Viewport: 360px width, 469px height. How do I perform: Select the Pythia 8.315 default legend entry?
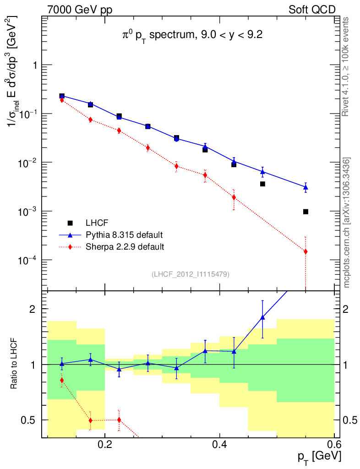coord(124,235)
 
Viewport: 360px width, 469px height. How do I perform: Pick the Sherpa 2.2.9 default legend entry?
coord(125,247)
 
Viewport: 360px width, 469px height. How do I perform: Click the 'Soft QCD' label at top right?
coord(312,10)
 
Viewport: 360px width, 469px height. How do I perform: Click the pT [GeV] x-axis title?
coord(319,456)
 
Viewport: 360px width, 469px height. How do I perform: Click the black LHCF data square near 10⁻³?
coord(305,212)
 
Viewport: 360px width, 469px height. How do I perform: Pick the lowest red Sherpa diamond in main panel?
coord(305,251)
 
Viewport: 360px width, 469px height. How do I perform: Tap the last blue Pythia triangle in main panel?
coord(305,187)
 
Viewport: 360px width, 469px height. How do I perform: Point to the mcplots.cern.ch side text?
coord(347,223)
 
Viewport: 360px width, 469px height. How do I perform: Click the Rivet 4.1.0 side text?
coord(347,67)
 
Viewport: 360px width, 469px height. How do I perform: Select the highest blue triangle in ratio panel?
coord(262,317)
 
